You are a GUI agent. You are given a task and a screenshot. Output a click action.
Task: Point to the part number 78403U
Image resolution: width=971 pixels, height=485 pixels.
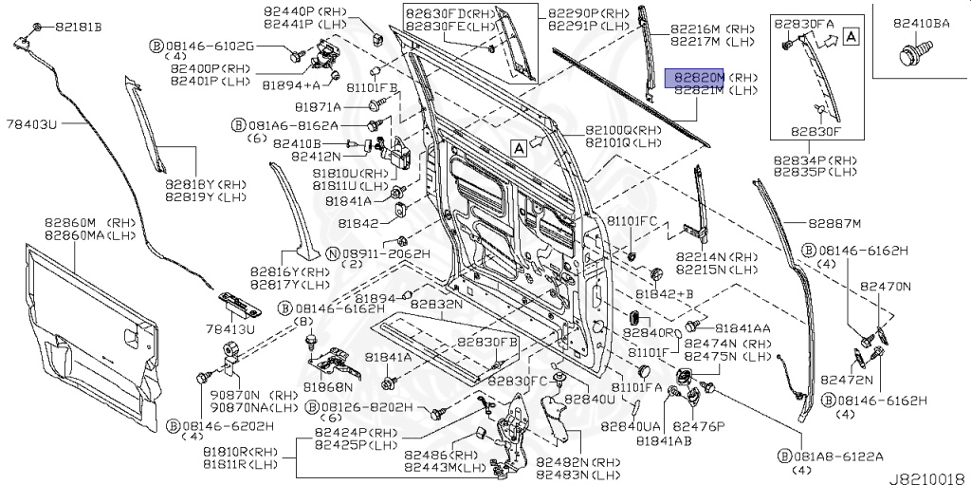tap(32, 124)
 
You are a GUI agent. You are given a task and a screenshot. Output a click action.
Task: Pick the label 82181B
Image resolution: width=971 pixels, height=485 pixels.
tap(78, 26)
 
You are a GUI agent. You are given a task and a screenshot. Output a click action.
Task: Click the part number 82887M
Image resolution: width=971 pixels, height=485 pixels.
tap(834, 224)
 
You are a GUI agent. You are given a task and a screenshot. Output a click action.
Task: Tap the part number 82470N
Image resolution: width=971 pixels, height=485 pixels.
tap(885, 285)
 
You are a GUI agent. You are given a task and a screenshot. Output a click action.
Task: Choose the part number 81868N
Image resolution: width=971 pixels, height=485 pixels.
tap(328, 387)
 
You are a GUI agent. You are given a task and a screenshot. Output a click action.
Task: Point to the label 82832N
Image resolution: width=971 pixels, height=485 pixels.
tap(436, 305)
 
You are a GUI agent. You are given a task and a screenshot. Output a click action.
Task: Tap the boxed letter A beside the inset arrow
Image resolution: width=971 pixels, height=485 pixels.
tap(851, 37)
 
